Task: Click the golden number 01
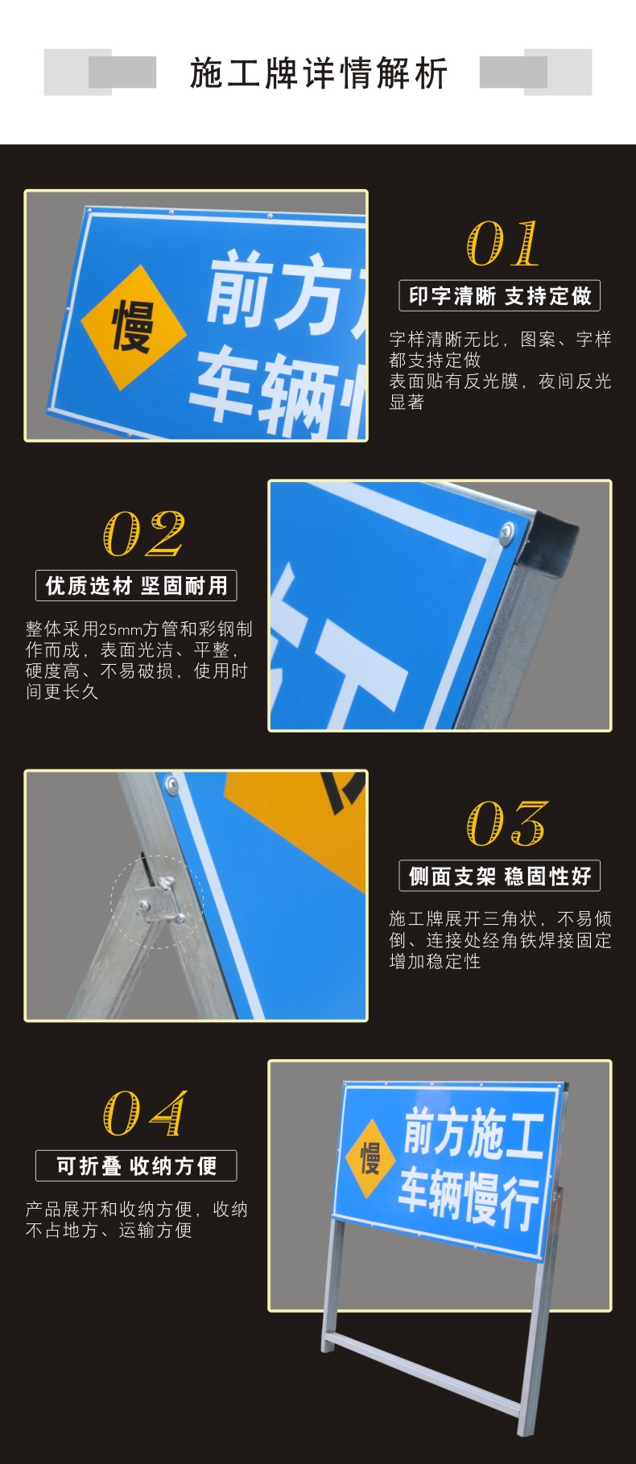click(503, 244)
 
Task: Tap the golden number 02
click(144, 534)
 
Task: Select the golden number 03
click(506, 823)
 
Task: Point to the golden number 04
click(144, 1113)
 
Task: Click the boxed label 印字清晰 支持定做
click(500, 296)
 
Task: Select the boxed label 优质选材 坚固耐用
click(136, 586)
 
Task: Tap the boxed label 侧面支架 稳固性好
click(500, 876)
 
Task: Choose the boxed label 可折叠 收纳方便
click(136, 1165)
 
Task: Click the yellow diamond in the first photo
click(133, 328)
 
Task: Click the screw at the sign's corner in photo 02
click(507, 530)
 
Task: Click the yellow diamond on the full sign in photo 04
click(370, 1158)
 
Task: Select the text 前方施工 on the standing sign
click(473, 1132)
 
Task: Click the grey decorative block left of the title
click(100, 72)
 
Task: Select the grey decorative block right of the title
click(536, 72)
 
